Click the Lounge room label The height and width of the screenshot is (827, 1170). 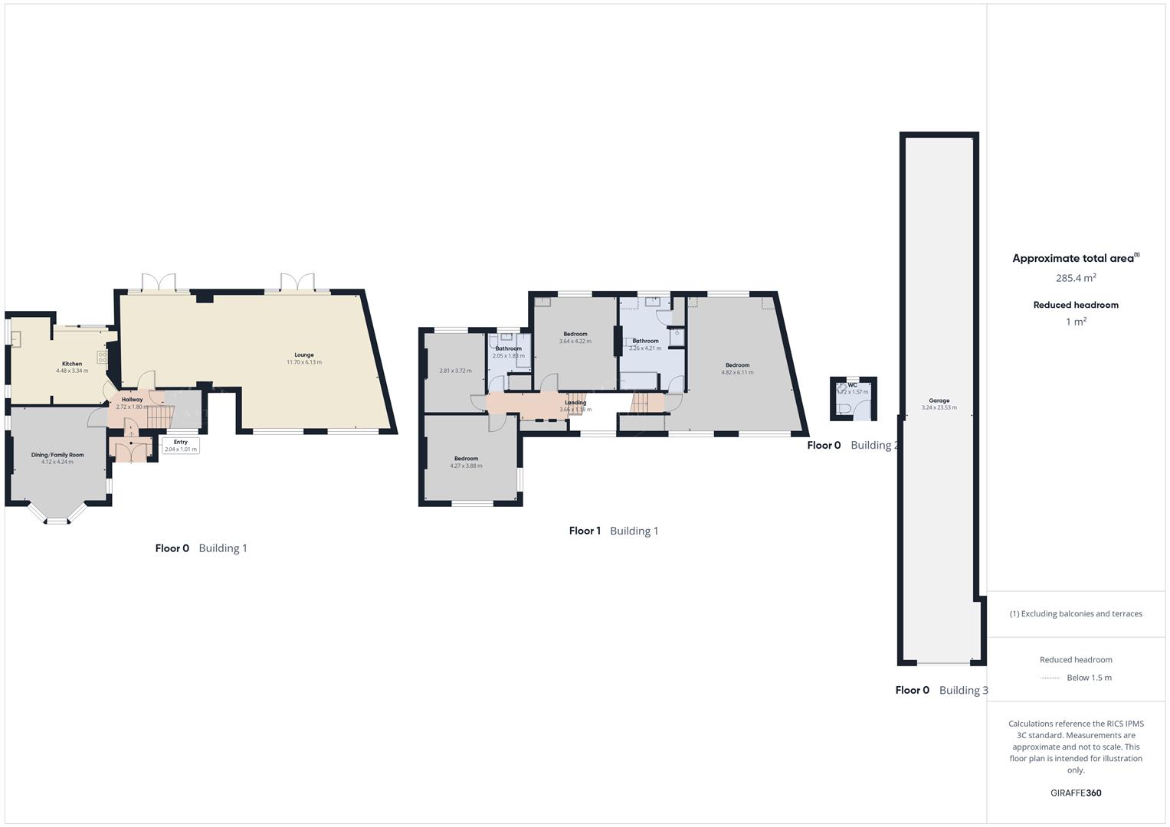pyautogui.click(x=304, y=355)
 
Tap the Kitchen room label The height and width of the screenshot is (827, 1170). pyautogui.click(x=72, y=364)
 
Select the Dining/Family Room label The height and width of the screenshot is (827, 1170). pyautogui.click(x=57, y=455)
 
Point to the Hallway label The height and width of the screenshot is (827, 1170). pyautogui.click(x=133, y=400)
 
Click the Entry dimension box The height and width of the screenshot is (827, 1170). pyautogui.click(x=181, y=446)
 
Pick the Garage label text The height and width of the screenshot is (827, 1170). pyautogui.click(x=939, y=400)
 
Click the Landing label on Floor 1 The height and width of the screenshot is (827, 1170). pyautogui.click(x=575, y=403)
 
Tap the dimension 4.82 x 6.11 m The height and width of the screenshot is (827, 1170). pyautogui.click(x=737, y=373)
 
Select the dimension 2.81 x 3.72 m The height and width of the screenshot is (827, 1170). pyautogui.click(x=455, y=371)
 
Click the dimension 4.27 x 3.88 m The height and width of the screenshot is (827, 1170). pyautogui.click(x=466, y=466)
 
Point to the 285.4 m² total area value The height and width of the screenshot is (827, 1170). pyautogui.click(x=1076, y=279)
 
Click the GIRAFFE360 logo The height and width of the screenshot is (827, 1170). pyautogui.click(x=1076, y=793)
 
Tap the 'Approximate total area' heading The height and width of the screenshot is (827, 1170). pyautogui.click(x=1073, y=259)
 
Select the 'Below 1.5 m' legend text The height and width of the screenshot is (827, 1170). pyautogui.click(x=1089, y=678)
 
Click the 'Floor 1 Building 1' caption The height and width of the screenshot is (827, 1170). pyautogui.click(x=614, y=531)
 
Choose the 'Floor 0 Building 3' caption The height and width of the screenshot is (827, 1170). pyautogui.click(x=942, y=690)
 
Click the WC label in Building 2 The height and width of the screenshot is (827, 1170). pyautogui.click(x=853, y=385)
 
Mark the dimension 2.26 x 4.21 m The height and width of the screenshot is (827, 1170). pyautogui.click(x=645, y=348)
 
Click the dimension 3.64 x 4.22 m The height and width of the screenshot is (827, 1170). pyautogui.click(x=575, y=342)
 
